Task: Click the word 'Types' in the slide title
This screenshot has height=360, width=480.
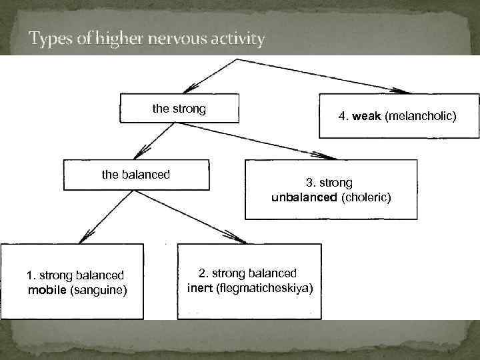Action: [x=51, y=39]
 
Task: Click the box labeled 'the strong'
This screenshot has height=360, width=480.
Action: [x=179, y=109]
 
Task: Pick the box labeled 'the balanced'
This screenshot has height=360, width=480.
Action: [x=136, y=175]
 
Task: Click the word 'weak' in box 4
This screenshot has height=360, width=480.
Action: [x=367, y=117]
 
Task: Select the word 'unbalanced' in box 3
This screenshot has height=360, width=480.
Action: [x=305, y=197]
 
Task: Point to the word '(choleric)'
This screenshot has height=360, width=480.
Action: [x=366, y=197]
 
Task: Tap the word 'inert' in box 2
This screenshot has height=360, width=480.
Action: [x=200, y=287]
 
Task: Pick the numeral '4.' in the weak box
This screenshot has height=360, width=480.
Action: [x=343, y=117]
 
